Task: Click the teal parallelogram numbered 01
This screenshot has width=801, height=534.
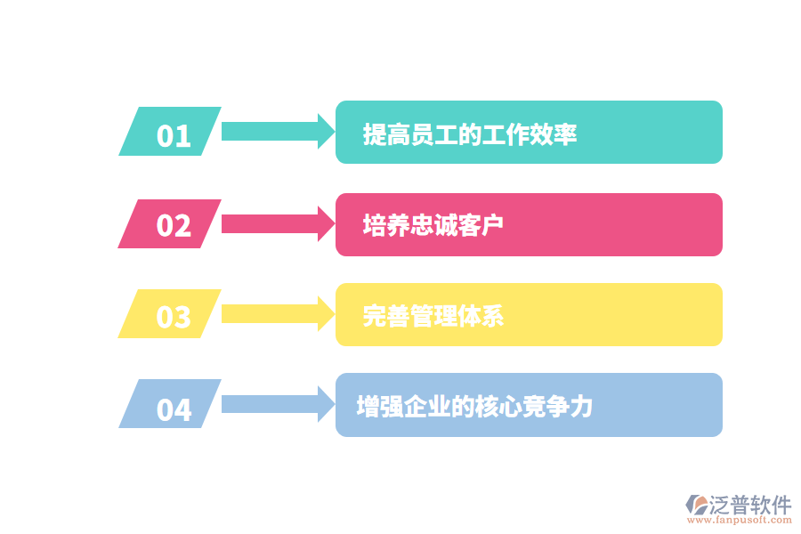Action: coord(171,133)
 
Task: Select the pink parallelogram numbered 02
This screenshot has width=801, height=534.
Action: coord(171,224)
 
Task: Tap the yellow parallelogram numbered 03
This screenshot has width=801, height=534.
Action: coord(171,314)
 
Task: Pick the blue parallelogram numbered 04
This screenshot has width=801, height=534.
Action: coord(171,405)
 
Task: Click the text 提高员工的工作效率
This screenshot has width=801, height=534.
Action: coord(470,135)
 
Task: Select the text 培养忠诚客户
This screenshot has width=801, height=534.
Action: coord(433,225)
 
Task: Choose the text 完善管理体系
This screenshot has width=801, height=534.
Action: coord(433,316)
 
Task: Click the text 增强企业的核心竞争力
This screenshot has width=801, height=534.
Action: coord(474,407)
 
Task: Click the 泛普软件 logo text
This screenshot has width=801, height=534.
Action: coord(749,505)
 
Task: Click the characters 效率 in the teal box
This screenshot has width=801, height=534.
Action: coord(554,135)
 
